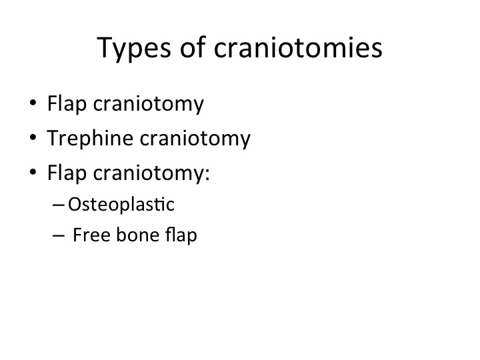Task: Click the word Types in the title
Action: pos(134,49)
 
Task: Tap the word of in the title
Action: pos(193,47)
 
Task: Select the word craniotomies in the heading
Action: pos(298,47)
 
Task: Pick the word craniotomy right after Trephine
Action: pos(195,139)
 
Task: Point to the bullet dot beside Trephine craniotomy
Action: pos(33,137)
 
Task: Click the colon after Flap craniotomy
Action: pos(207,173)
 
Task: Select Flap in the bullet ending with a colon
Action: pos(67,173)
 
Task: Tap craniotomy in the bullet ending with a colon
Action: pos(149,173)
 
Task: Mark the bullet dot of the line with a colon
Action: pos(33,171)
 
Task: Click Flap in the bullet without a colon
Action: pos(67,103)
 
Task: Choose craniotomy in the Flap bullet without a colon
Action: pos(149,104)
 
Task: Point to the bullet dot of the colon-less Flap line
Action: pos(33,102)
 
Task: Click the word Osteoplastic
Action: pos(121,205)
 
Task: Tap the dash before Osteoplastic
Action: pos(58,205)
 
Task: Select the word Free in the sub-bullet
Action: pos(91,235)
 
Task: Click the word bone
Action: pos(138,235)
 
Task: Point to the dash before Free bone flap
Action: pos(58,235)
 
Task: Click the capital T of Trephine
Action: pos(53,138)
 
